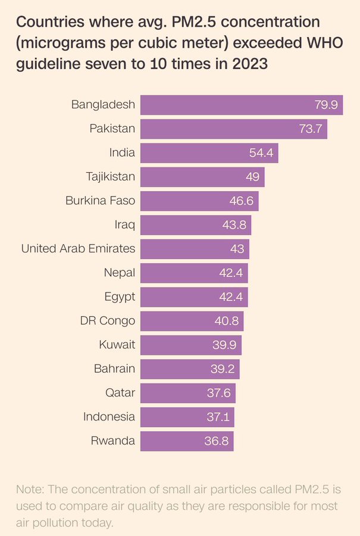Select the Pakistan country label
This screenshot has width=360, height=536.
[112, 129]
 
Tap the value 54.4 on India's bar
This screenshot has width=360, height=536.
[261, 153]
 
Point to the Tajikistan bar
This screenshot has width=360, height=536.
[202, 177]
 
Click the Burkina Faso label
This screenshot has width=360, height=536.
[100, 201]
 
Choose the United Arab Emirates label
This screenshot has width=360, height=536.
[78, 248]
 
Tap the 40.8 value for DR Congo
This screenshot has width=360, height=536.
[227, 321]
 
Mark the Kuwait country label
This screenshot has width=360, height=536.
[117, 344]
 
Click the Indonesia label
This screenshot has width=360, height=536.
[109, 416]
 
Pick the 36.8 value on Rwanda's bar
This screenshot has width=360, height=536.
[218, 441]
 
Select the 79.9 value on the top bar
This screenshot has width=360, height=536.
[327, 105]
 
